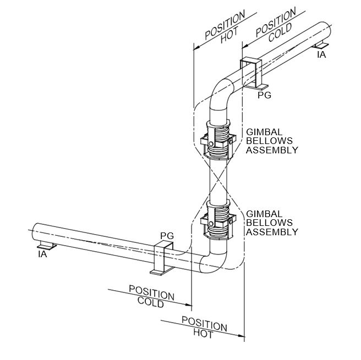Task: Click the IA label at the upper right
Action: click(x=321, y=55)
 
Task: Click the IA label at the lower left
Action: click(x=42, y=254)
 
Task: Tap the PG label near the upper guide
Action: click(x=265, y=95)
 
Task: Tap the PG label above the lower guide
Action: click(x=167, y=235)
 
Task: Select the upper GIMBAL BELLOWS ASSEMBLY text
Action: click(x=272, y=141)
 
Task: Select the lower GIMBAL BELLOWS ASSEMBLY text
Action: click(x=272, y=223)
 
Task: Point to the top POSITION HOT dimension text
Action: click(x=223, y=33)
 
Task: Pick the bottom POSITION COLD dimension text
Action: click(x=151, y=296)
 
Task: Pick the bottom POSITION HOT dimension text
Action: click(x=204, y=327)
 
